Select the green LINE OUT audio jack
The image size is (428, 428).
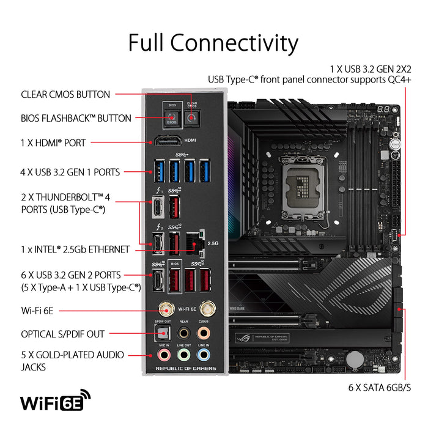[x=183, y=354]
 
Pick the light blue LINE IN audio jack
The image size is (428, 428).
[x=204, y=354]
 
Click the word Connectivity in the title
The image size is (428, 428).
[x=234, y=43]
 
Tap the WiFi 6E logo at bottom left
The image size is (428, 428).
[x=56, y=402]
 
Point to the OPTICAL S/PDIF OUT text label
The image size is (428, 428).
[x=63, y=334]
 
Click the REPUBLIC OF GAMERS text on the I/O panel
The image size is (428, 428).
[x=186, y=368]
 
